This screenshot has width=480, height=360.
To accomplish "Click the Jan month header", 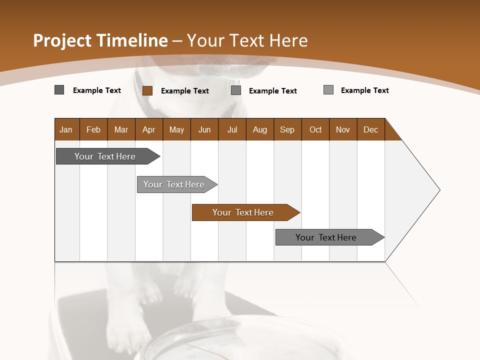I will coord(66,129).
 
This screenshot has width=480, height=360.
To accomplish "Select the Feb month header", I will coord(93,129).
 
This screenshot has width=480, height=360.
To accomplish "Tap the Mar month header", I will coord(121,129).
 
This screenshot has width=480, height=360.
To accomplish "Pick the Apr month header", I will coord(149,129).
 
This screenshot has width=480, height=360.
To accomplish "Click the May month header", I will coord(176,129).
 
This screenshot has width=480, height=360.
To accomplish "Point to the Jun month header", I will coord(204,129).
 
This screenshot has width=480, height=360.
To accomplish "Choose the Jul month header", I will coord(232,129).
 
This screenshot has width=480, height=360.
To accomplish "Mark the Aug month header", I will coord(260,129).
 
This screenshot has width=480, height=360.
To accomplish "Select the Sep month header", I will coord(287,129).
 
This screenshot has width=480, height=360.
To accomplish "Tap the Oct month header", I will coord(315,129).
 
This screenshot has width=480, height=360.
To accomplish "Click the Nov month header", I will coord(343,129).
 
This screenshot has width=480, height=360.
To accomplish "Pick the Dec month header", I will coord(371,129).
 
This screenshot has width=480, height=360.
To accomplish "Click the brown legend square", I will coord(147,90).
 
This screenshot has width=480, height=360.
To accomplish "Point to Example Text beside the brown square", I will coord(185,91).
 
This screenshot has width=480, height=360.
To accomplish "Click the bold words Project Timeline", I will coord(100,40).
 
